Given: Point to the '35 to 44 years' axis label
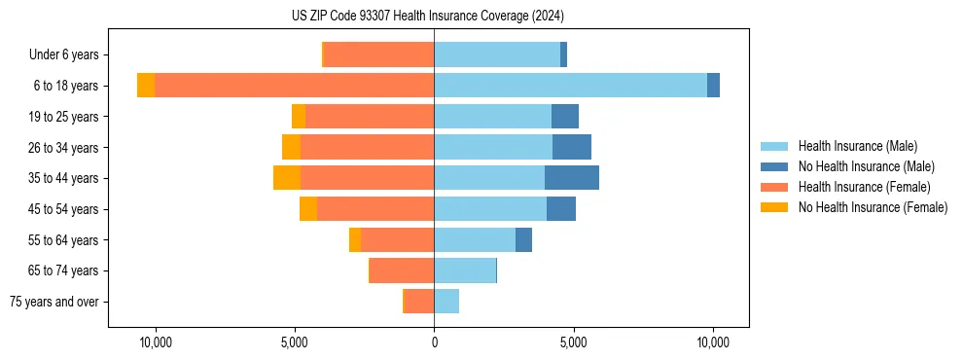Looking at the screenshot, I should pyautogui.click(x=63, y=178).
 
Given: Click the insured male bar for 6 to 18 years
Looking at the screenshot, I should pyautogui.click(x=570, y=86).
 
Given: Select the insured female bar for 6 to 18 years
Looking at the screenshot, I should pyautogui.click(x=294, y=86).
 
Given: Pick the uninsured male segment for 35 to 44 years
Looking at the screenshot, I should pyautogui.click(x=572, y=178).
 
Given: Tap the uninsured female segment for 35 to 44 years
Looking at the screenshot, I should pyautogui.click(x=287, y=178).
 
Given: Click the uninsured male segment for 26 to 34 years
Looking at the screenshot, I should pyautogui.click(x=572, y=147).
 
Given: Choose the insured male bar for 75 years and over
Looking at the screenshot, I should pyautogui.click(x=446, y=302).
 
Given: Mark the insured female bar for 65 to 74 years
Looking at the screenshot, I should pyautogui.click(x=402, y=270).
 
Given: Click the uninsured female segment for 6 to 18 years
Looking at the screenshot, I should pyautogui.click(x=146, y=86).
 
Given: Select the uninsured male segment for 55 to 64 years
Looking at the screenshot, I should pyautogui.click(x=523, y=239).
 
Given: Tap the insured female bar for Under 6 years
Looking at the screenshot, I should pyautogui.click(x=378, y=55).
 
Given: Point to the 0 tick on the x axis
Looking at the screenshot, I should pyautogui.click(x=434, y=342).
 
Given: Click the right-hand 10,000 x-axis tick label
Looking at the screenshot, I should pyautogui.click(x=713, y=342).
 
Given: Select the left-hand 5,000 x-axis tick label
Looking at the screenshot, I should pyautogui.click(x=294, y=342).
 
